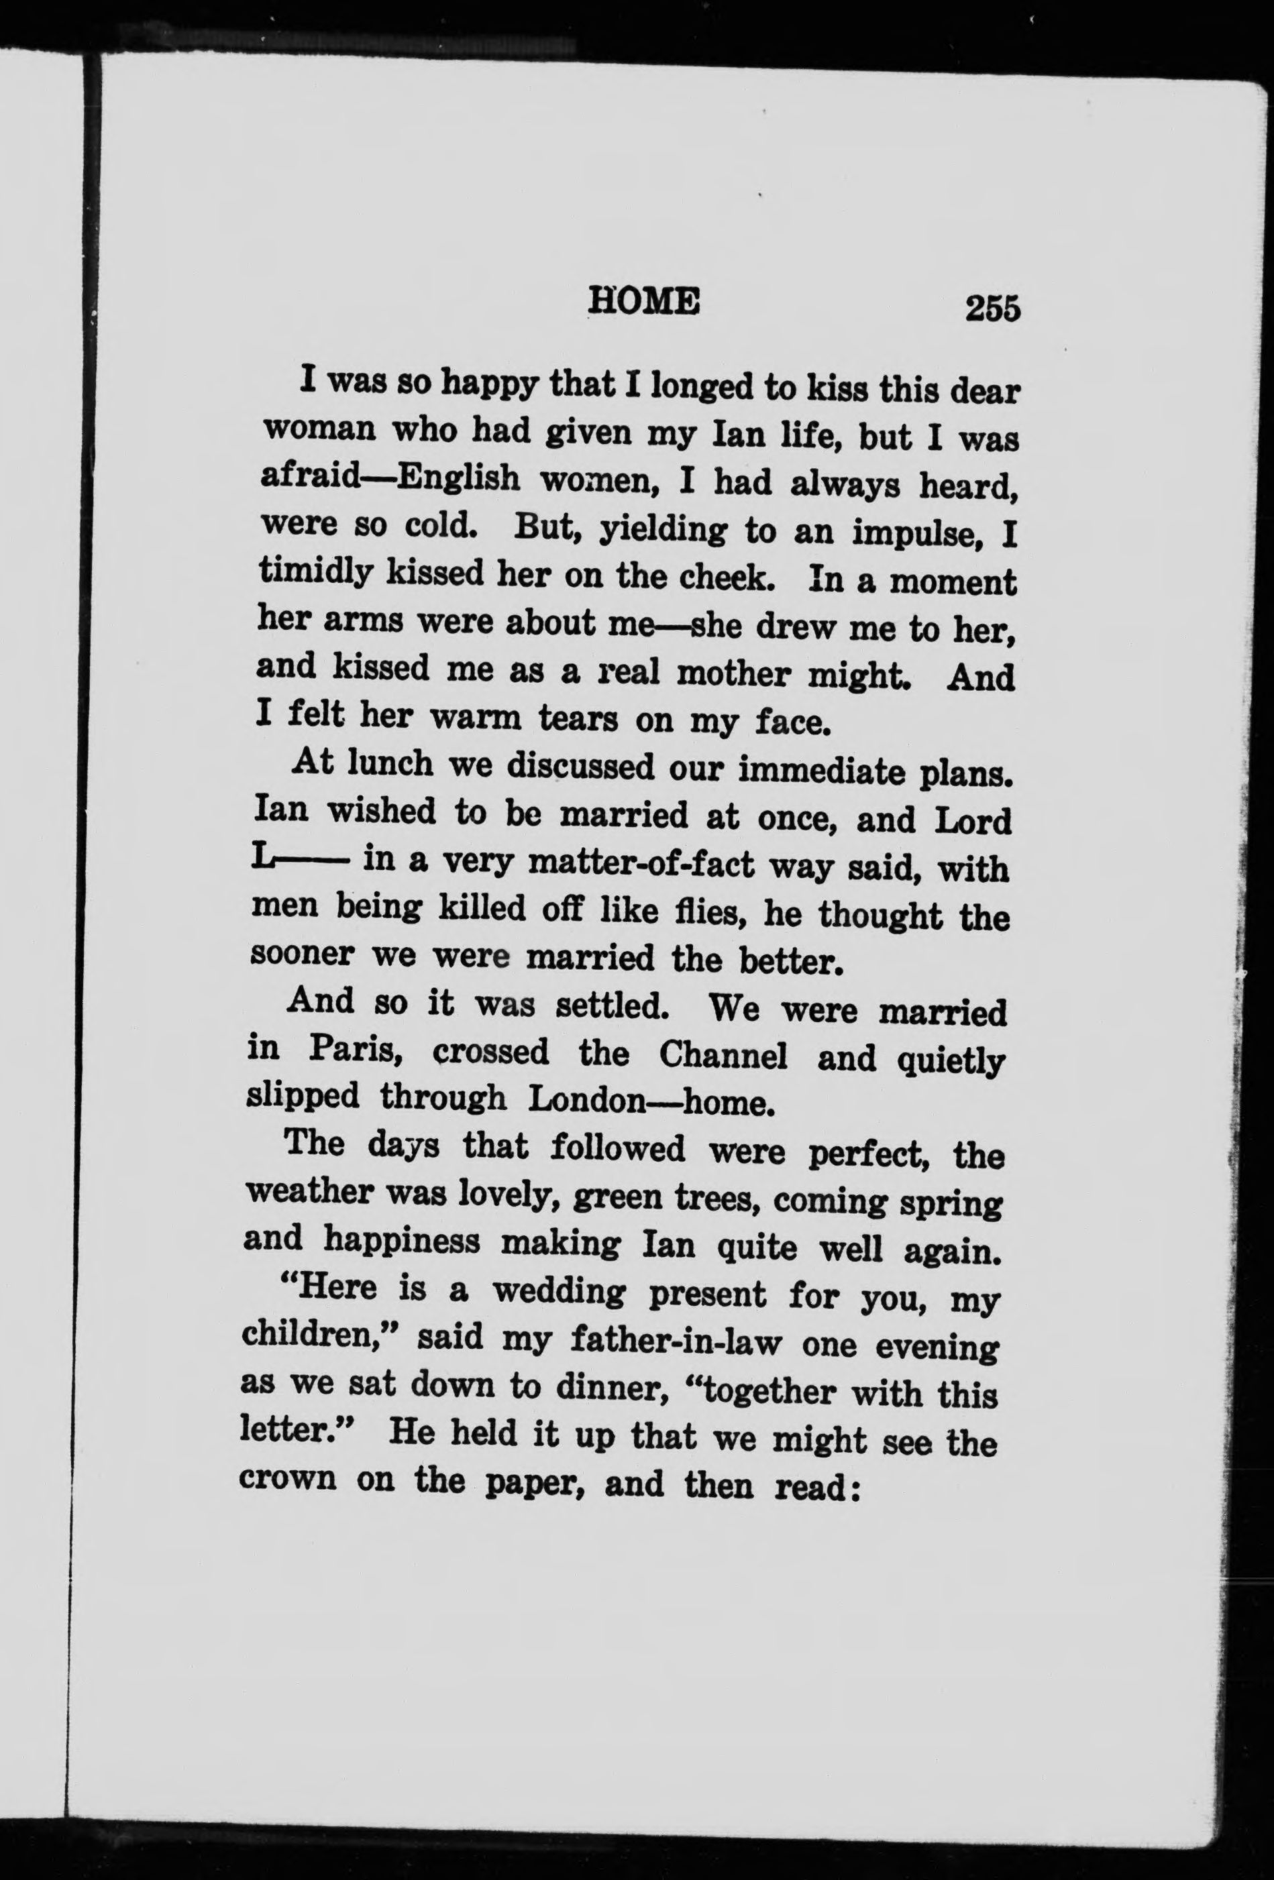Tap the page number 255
(x=992, y=309)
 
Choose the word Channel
(x=723, y=1055)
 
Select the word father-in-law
(x=675, y=1341)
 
